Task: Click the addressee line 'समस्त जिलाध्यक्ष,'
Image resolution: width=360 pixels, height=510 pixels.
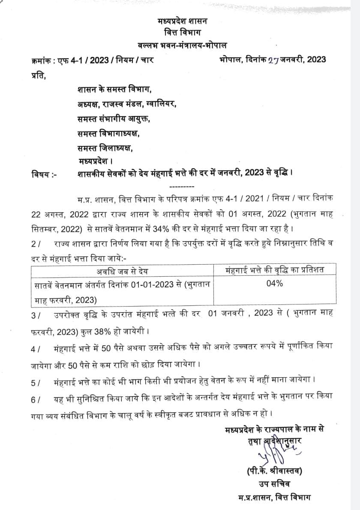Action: [105, 147]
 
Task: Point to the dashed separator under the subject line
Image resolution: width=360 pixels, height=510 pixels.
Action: [182, 187]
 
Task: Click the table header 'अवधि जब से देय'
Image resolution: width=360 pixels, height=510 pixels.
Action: [123, 271]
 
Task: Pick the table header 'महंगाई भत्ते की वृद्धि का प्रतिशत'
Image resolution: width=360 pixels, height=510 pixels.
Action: [275, 270]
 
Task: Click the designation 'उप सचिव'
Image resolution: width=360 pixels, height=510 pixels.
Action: [275, 484]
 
